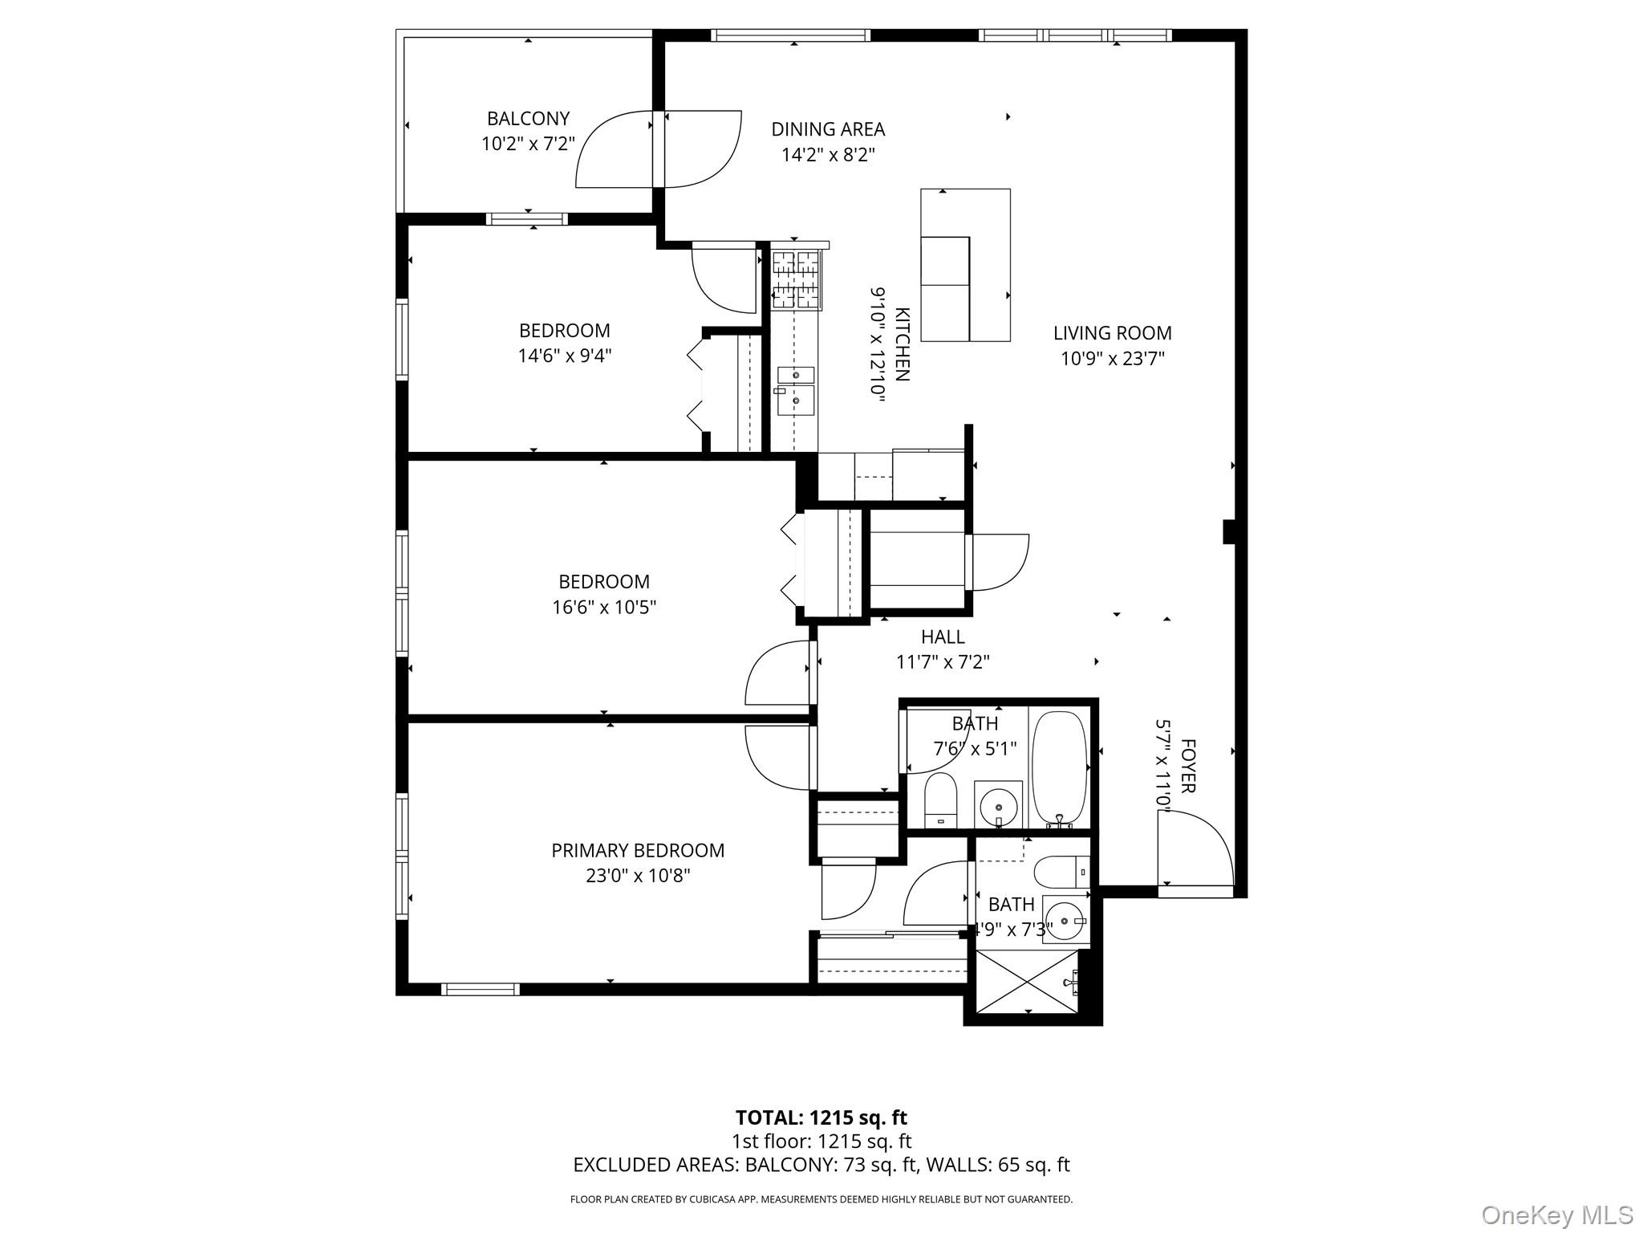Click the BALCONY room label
[x=528, y=119]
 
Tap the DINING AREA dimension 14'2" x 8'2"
[x=828, y=154]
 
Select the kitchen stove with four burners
[x=796, y=280]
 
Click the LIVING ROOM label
[x=1112, y=333]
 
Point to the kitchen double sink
[x=796, y=389]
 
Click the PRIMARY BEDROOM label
[x=638, y=851]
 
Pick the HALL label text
[x=943, y=637]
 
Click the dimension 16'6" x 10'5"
[x=604, y=608]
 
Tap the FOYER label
[x=1188, y=767]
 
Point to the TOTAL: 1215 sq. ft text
[x=821, y=1117]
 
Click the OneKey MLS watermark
[x=1556, y=1215]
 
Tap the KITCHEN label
[x=902, y=344]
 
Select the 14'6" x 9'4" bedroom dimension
[x=565, y=356]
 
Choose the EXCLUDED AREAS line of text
[x=821, y=1165]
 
